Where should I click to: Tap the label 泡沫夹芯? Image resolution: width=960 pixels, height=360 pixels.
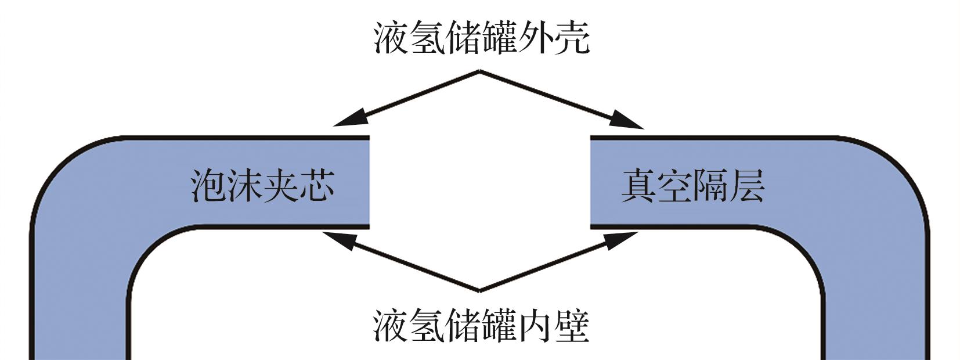(263, 186)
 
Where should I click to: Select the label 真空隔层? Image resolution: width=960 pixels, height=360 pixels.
(693, 186)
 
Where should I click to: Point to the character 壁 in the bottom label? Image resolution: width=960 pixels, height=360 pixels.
(572, 325)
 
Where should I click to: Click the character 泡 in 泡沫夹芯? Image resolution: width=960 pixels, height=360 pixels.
(208, 186)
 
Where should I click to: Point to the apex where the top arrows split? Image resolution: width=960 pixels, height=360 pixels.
(479, 72)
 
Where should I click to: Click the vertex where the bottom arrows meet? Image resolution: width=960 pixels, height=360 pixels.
(480, 290)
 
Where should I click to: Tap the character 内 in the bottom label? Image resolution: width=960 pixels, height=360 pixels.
(536, 325)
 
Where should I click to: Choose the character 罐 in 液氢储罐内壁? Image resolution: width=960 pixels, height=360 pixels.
(499, 325)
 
